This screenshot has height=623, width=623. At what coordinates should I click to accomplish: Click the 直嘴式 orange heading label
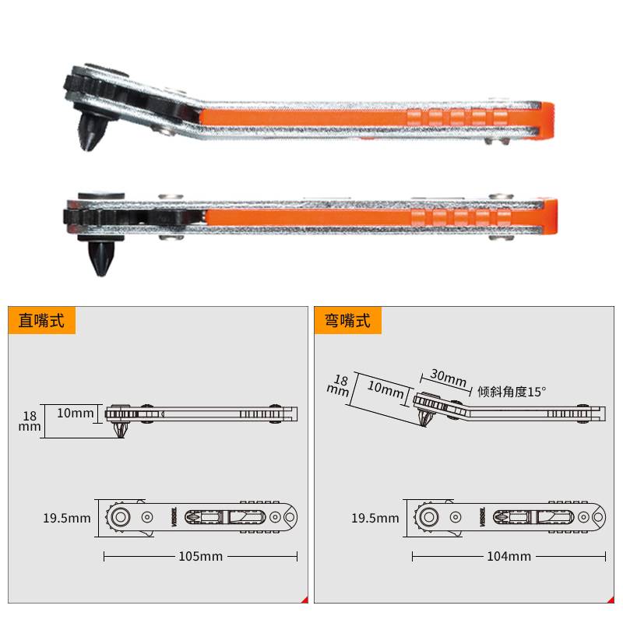pyautogui.click(x=41, y=320)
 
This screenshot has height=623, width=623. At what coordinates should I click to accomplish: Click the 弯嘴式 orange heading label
pyautogui.click(x=347, y=320)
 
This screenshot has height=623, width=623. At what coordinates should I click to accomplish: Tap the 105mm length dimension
pyautogui.click(x=201, y=556)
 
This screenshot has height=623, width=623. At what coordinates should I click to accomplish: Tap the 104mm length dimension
pyautogui.click(x=509, y=556)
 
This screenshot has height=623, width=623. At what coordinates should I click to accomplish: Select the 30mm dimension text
pyautogui.click(x=449, y=378)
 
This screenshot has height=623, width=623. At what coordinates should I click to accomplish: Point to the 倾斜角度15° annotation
pyautogui.click(x=512, y=392)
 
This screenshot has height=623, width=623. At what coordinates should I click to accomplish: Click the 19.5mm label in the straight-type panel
pyautogui.click(x=67, y=518)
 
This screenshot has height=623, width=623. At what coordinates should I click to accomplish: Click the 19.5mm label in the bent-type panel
pyautogui.click(x=375, y=518)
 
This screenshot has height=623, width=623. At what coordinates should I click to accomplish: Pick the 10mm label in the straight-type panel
pyautogui.click(x=75, y=413)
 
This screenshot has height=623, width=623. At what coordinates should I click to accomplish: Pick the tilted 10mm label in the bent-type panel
pyautogui.click(x=385, y=389)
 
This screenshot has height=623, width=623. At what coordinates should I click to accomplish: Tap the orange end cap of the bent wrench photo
pyautogui.click(x=547, y=121)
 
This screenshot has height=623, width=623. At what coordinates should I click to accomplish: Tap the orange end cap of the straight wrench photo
pyautogui.click(x=551, y=216)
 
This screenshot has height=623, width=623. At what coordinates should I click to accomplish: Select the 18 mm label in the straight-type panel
pyautogui.click(x=30, y=421)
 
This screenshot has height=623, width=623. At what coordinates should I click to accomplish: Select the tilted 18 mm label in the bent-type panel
pyautogui.click(x=339, y=385)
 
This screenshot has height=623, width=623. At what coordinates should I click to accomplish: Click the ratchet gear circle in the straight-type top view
pyautogui.click(x=120, y=517)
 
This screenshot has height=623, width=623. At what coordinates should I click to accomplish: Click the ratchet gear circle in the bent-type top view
pyautogui.click(x=428, y=517)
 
